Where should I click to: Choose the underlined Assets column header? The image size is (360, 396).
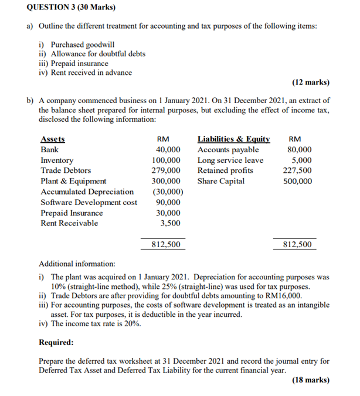tap(53, 139)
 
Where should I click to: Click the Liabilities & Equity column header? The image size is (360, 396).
tap(233, 139)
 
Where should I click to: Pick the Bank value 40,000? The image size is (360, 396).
tap(168, 150)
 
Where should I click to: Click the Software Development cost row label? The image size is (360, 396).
tap(89, 202)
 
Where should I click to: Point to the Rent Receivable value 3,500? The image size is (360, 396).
tap(170, 223)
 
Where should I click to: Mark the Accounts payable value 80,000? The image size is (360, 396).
tap(300, 150)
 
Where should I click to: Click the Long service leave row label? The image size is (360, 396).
tap(230, 161)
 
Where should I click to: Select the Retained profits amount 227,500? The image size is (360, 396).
tap(297, 170)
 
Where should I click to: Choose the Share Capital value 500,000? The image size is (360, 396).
tap(297, 181)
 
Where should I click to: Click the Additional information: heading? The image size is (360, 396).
tap(77, 264)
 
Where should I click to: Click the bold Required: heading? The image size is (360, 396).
tap(56, 342)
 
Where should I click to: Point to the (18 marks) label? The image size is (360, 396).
tap(310, 380)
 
